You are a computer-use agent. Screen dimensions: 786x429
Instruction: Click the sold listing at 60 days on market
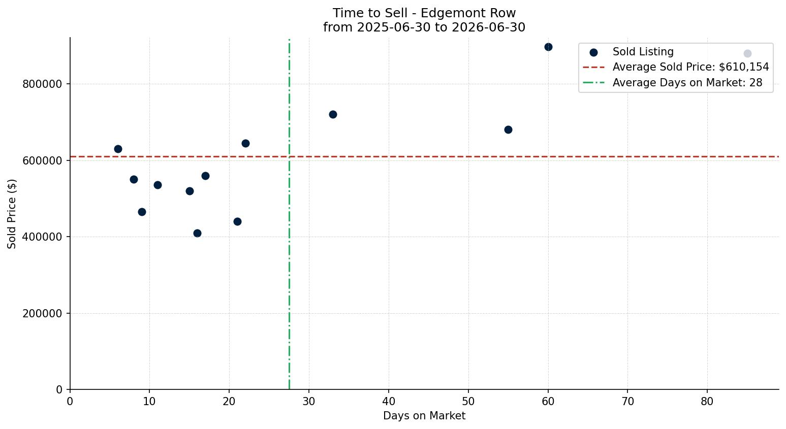point(548,47)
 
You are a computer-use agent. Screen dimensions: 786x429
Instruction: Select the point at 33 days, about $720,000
point(333,115)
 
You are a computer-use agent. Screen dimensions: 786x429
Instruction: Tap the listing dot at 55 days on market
point(508,129)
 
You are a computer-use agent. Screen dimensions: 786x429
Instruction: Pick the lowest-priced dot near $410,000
point(197,234)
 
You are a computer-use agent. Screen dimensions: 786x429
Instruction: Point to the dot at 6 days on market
point(118,149)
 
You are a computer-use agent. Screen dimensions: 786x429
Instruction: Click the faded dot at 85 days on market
point(747,54)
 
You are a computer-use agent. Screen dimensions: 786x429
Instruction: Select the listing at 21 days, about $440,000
point(237,221)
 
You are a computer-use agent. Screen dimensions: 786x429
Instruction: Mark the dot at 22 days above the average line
point(245,143)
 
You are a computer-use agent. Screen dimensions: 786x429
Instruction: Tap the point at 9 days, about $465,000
point(142,212)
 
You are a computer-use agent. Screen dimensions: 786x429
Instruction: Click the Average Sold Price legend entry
point(676,67)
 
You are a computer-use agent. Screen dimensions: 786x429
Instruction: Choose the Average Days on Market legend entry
point(672,83)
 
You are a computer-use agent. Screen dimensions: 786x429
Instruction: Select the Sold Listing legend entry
point(632,52)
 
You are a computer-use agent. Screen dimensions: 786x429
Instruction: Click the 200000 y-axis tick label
point(43,313)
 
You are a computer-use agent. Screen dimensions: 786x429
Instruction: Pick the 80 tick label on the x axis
point(707,401)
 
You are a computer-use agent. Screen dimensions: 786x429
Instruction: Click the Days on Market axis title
point(424,416)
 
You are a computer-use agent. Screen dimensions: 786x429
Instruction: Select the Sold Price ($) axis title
point(12,214)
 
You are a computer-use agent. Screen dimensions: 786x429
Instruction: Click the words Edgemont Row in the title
point(468,13)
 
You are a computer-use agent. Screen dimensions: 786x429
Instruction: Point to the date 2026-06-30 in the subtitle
point(488,27)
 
